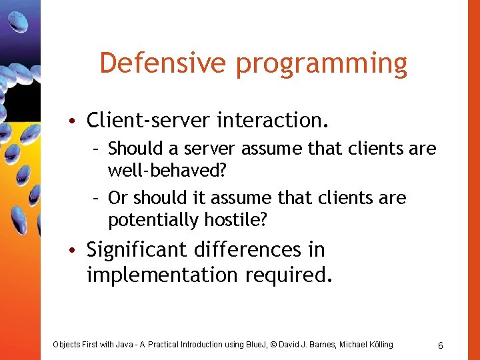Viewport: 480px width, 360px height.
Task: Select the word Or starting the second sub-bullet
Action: click(118, 198)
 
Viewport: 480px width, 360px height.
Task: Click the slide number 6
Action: click(441, 345)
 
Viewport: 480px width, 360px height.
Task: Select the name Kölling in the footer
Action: click(378, 345)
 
